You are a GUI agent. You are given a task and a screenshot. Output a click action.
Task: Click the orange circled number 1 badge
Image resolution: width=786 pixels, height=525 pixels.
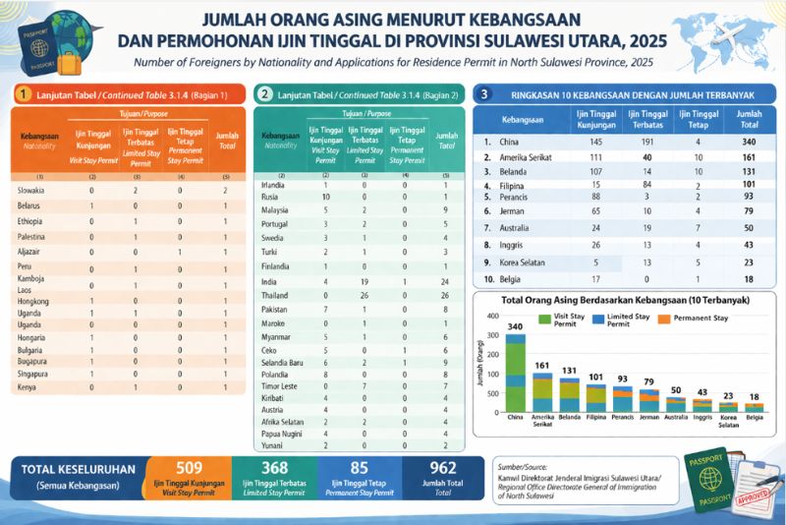pos(22,93)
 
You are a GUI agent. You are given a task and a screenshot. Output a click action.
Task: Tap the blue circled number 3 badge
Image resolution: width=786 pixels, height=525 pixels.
pos(483,93)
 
